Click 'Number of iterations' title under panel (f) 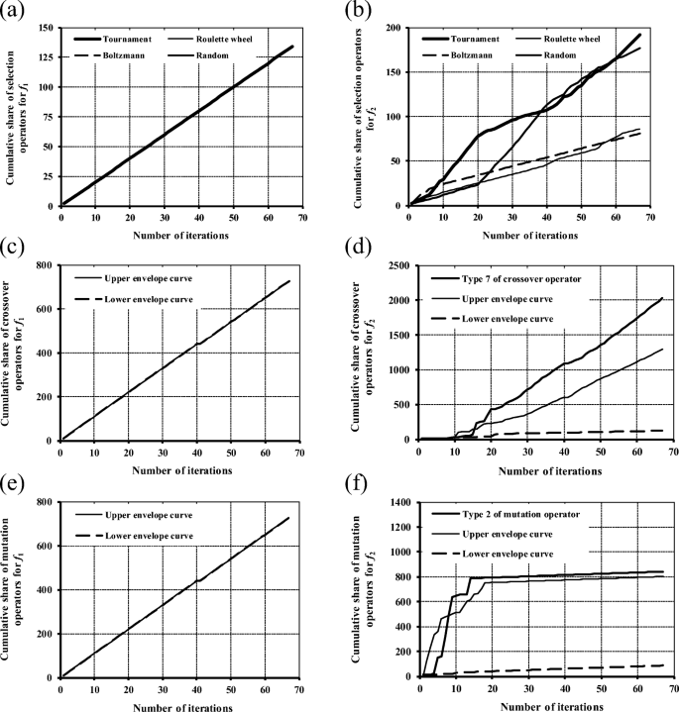539,704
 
